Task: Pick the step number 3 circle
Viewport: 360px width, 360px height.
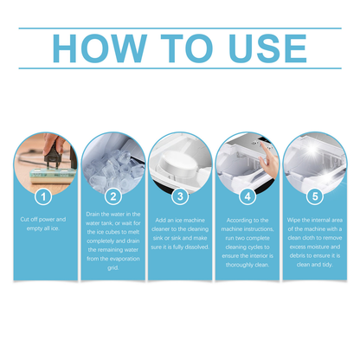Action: pos(180,196)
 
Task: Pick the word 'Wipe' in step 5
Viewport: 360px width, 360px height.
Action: pos(295,220)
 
